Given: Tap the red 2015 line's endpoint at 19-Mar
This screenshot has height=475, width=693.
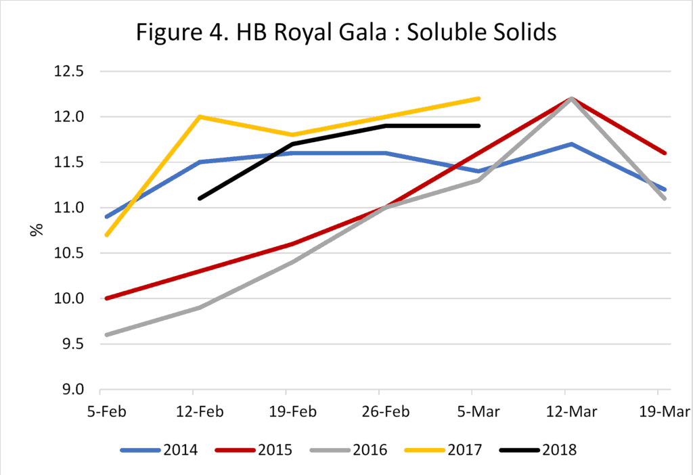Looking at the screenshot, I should tap(665, 153).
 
